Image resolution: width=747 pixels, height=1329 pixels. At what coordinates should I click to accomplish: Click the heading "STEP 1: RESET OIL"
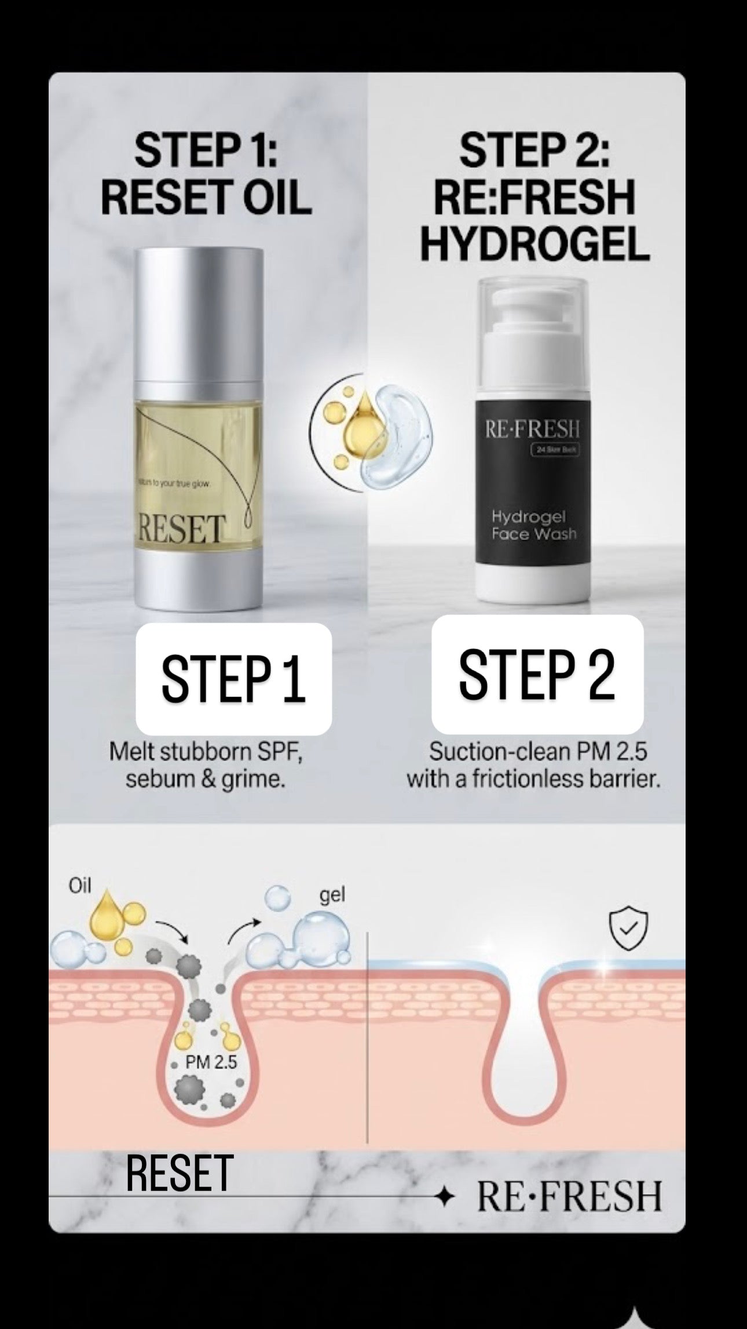pos(206,174)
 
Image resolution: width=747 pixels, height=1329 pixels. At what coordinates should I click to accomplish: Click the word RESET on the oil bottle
pos(180,529)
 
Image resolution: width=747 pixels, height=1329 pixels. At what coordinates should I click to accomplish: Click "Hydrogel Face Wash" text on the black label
pos(533,525)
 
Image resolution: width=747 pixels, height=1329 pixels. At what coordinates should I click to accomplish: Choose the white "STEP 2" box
pos(537,675)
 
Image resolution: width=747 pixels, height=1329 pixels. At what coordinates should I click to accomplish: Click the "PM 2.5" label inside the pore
pos(211,1062)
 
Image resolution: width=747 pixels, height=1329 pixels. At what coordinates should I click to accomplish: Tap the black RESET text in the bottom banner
pos(180,1173)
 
